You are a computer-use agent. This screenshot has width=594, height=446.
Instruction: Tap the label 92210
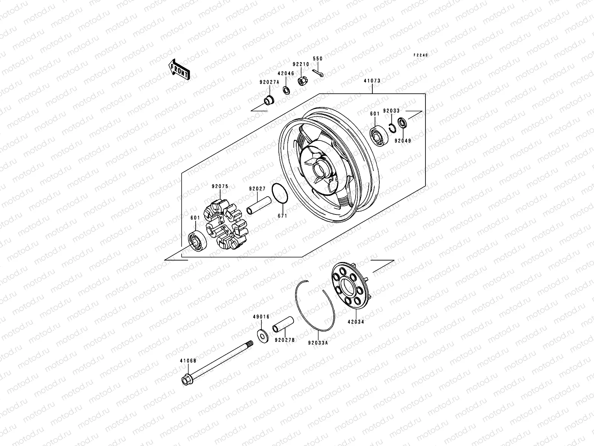[x=300, y=64]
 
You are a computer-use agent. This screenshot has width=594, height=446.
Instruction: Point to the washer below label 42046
[x=286, y=90]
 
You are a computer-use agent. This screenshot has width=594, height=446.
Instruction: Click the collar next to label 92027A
[x=268, y=100]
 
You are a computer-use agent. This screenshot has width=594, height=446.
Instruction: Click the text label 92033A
[x=318, y=343]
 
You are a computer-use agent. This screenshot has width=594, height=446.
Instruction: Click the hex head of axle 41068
[x=186, y=380]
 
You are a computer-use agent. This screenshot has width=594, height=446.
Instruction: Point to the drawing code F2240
[x=421, y=55]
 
